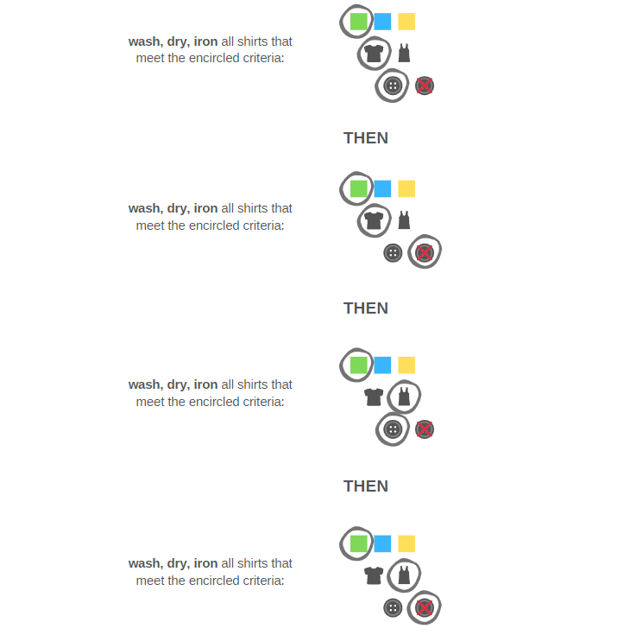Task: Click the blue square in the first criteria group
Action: pos(382,22)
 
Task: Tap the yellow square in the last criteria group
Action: pos(406,543)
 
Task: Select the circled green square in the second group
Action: pos(358,188)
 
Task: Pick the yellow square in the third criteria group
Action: pos(406,365)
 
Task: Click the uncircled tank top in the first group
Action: pos(404,53)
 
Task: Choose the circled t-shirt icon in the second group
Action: pos(374,220)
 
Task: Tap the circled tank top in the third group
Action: pos(404,397)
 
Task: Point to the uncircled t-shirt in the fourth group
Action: pos(374,575)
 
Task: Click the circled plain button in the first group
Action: pos(393,86)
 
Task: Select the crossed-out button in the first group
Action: pos(425,86)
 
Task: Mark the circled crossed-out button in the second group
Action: pos(425,253)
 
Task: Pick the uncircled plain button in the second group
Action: pos(393,253)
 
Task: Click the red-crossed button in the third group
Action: pos(425,429)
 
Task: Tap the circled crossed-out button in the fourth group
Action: pos(425,608)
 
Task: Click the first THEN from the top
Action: pos(366,138)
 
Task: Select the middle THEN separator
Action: pos(366,308)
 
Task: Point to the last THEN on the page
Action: pos(366,486)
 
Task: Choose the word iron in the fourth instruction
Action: pos(205,563)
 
